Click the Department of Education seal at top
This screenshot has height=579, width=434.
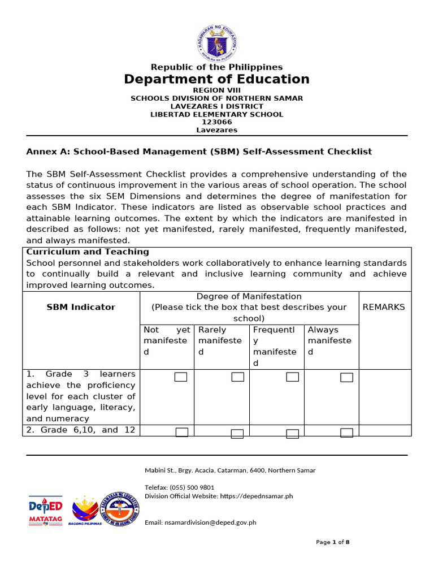pyautogui.click(x=217, y=42)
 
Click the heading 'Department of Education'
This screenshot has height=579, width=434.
pyautogui.click(x=217, y=79)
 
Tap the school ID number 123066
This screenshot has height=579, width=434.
pyautogui.click(x=217, y=122)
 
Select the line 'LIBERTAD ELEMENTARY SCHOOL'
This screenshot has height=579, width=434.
pyautogui.click(x=217, y=114)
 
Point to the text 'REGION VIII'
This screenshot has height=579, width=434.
pyautogui.click(x=217, y=90)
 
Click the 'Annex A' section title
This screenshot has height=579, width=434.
pyautogui.click(x=199, y=152)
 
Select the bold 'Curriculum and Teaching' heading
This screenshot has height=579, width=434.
pyautogui.click(x=88, y=252)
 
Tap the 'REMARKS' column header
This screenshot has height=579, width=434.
pyautogui.click(x=384, y=307)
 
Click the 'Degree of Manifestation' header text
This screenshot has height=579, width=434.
pyautogui.click(x=249, y=296)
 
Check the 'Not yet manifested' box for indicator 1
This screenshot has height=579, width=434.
pyautogui.click(x=181, y=377)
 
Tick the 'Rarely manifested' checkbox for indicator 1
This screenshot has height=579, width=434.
pyautogui.click(x=237, y=377)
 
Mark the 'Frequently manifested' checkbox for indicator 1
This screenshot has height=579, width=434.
pyautogui.click(x=292, y=377)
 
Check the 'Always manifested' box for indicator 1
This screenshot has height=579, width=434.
pyautogui.click(x=346, y=377)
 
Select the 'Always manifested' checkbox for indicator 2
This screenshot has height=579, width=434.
pyautogui.click(x=346, y=433)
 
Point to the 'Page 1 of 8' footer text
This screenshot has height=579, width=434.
pyautogui.click(x=332, y=542)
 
